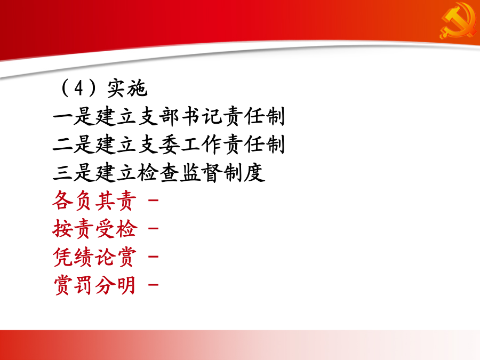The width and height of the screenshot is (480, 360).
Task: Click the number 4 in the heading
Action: [79, 88]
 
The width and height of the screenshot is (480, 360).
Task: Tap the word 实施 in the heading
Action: [127, 88]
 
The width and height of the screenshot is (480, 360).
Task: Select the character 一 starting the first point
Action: [62, 117]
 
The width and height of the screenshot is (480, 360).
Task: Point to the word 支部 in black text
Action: [159, 116]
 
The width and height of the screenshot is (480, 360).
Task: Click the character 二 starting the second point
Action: [62, 145]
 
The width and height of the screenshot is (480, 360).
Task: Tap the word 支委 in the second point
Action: [159, 145]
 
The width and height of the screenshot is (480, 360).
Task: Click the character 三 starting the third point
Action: [62, 172]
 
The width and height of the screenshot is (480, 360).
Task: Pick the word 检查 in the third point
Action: [158, 173]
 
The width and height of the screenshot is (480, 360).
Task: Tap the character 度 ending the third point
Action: [255, 173]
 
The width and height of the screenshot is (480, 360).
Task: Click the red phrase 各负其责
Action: [94, 201]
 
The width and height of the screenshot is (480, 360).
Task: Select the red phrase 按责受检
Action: [94, 229]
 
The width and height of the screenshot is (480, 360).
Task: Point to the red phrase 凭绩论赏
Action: [94, 257]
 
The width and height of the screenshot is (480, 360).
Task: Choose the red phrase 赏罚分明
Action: [94, 285]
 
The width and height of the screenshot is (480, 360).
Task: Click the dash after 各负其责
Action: [154, 201]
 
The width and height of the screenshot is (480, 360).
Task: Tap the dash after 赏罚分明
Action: [154, 285]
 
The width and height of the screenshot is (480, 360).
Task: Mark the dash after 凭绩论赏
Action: [154, 257]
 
